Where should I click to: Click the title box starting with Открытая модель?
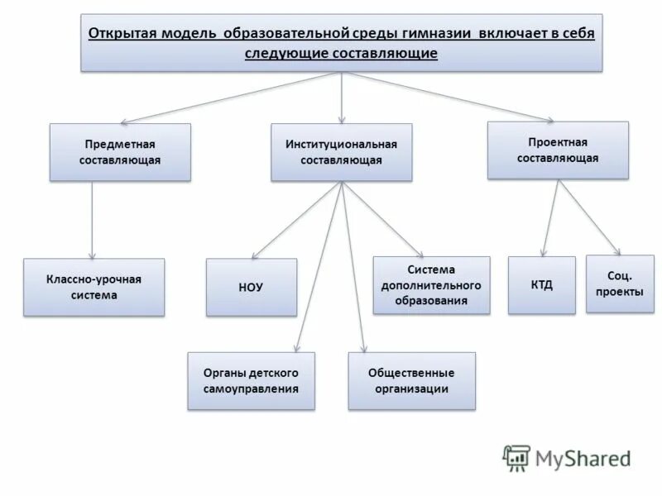click(x=342, y=43)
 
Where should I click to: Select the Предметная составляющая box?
click(x=120, y=152)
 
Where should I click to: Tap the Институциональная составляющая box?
click(x=341, y=152)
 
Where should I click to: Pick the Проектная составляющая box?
click(x=557, y=150)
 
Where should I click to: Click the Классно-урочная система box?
click(x=94, y=287)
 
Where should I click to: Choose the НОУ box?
click(x=251, y=287)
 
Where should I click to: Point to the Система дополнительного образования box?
click(x=431, y=285)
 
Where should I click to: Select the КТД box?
click(x=541, y=285)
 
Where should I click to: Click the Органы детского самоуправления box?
click(x=251, y=380)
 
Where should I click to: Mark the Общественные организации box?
click(x=411, y=380)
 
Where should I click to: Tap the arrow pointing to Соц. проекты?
click(x=589, y=217)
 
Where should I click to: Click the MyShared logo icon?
click(x=517, y=458)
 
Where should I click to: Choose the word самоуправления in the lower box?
click(x=251, y=389)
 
